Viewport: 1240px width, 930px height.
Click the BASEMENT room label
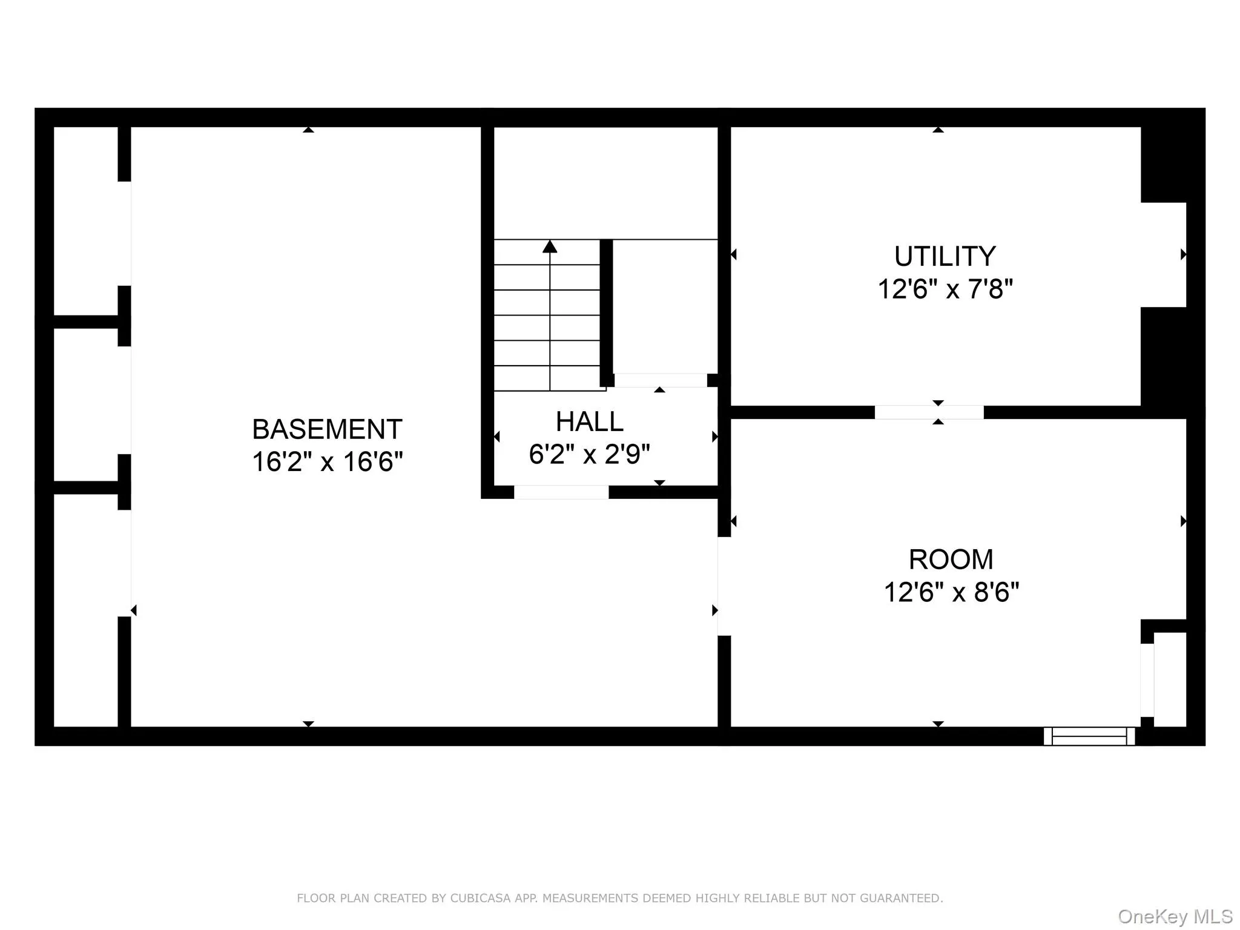point(327,430)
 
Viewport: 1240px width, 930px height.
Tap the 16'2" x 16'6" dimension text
point(327,462)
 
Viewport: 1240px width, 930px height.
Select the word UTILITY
point(945,257)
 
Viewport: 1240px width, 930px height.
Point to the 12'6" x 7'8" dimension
point(945,289)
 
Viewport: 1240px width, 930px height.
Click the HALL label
point(589,422)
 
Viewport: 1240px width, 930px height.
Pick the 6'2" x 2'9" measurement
point(589,454)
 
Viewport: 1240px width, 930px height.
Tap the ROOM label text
point(951,559)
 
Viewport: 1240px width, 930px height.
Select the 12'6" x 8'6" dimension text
point(951,592)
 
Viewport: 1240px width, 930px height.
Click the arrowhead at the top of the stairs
point(550,246)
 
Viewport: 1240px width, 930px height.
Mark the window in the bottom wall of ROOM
point(1089,736)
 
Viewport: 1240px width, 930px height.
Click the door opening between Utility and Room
point(929,412)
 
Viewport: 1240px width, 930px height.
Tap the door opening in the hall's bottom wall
point(561,492)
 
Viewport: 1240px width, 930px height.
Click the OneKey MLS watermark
point(1175,917)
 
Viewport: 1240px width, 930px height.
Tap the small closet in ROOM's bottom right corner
point(1169,679)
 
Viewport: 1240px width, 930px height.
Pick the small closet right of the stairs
point(665,306)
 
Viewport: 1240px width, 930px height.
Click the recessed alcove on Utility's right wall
point(1163,255)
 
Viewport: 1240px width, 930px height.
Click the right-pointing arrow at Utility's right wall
point(1183,255)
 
